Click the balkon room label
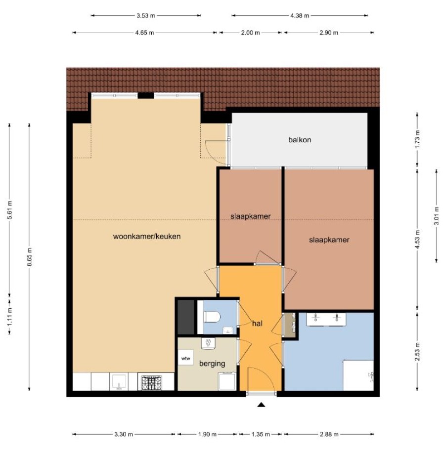click(300, 140)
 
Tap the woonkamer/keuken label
click(147, 237)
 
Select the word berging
click(212, 364)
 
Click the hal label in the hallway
click(257, 324)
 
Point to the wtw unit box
click(185, 358)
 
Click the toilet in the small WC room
click(212, 317)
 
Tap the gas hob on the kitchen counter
click(151, 382)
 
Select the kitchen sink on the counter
click(119, 382)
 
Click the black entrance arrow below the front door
click(261, 405)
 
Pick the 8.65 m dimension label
click(30, 256)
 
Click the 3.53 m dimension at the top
click(146, 15)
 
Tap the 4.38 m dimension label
click(300, 15)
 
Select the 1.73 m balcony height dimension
click(418, 139)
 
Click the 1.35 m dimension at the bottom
click(261, 434)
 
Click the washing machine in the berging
click(227, 381)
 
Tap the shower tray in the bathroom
click(358, 375)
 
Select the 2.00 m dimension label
click(250, 33)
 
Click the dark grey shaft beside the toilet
click(186, 317)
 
